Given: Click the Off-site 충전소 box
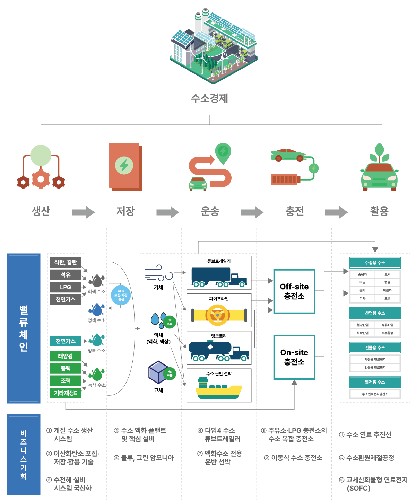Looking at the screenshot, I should pyautogui.click(x=294, y=291).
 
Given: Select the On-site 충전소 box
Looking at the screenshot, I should pyautogui.click(x=294, y=357).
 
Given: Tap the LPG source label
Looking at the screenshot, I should pyautogui.click(x=66, y=287).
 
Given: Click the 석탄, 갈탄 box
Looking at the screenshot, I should pyautogui.click(x=66, y=262).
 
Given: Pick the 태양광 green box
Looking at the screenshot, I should pyautogui.click(x=66, y=356).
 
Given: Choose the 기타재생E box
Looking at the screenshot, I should pyautogui.click(x=66, y=393).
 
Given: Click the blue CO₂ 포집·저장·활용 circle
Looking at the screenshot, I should pyautogui.click(x=121, y=295).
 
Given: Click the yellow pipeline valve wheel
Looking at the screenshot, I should pyautogui.click(x=218, y=315).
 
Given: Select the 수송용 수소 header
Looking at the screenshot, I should pyautogui.click(x=375, y=263).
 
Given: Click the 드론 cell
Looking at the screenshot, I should pyautogui.click(x=387, y=298).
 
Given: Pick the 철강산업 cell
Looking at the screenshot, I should pyautogui.click(x=362, y=325).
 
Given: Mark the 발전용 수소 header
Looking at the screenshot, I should pyautogui.click(x=375, y=382).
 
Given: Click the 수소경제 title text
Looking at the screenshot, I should pyautogui.click(x=210, y=98).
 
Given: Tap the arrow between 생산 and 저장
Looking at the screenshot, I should pyautogui.click(x=83, y=212).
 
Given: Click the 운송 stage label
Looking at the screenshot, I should pyautogui.click(x=210, y=211).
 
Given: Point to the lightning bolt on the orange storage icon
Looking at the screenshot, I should pyautogui.click(x=124, y=165).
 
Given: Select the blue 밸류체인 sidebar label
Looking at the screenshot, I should pyautogui.click(x=24, y=328).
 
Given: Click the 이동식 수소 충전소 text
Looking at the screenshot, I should pyautogui.click(x=293, y=458).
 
